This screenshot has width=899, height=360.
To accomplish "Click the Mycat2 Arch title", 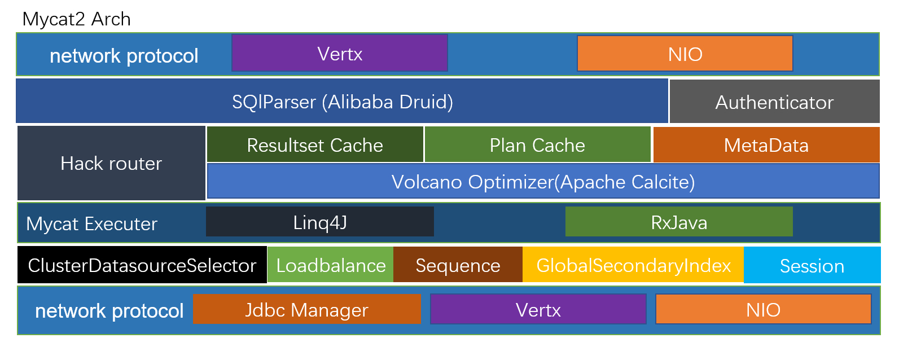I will click(76, 19).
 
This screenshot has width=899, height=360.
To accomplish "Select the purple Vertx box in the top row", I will click(339, 53).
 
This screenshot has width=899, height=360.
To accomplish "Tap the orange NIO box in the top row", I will click(685, 54).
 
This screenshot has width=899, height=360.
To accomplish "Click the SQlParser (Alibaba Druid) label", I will click(342, 102).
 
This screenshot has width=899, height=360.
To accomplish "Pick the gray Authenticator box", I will click(774, 102).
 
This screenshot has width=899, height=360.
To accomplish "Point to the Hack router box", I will click(111, 163).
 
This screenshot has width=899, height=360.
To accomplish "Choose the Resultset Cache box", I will click(315, 145).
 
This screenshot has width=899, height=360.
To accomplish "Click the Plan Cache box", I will click(537, 145).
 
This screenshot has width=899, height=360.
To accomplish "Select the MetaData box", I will click(766, 145).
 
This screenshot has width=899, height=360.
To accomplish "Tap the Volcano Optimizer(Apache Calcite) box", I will click(543, 182).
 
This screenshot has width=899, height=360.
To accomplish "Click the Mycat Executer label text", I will click(91, 223).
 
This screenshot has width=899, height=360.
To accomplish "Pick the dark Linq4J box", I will click(319, 222).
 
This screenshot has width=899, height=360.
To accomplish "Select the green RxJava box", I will click(679, 222).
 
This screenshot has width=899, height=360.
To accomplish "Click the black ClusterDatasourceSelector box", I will click(142, 265).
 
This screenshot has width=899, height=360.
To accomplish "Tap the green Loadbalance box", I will click(331, 265).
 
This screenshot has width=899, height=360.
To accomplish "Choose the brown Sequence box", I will click(458, 265).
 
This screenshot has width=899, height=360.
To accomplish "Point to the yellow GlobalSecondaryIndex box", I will click(633, 265).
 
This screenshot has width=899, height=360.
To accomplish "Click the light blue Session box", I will click(812, 265).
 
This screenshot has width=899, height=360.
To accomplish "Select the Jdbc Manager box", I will click(306, 309).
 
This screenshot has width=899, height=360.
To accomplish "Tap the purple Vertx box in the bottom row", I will click(538, 309).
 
